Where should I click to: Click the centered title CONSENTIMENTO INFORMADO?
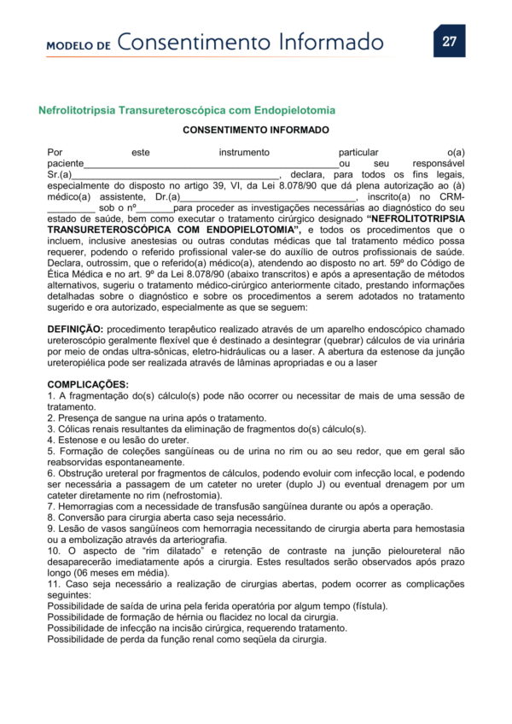pos(255,131)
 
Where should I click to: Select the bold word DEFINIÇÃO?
pos(76,329)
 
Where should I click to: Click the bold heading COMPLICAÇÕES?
pos(88,384)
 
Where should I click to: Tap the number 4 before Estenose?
pos(50,440)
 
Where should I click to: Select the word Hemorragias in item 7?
pos(84,505)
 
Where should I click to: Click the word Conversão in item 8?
pos(80,517)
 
